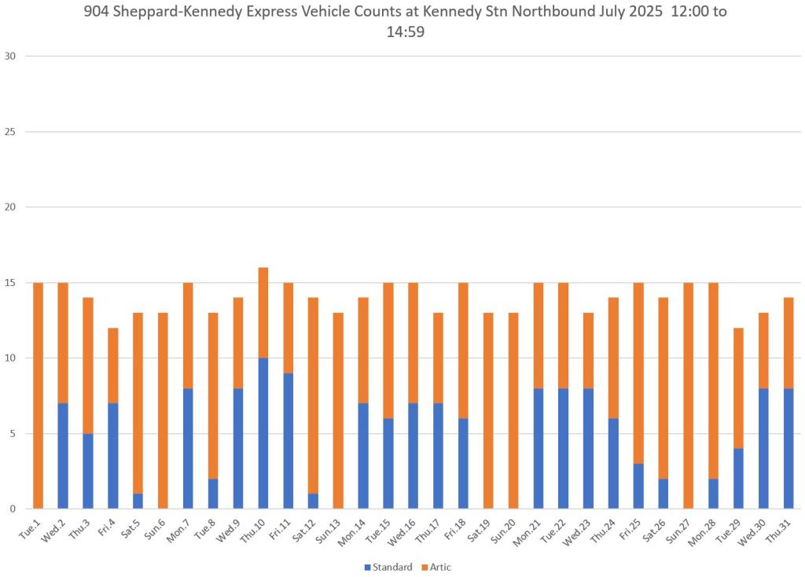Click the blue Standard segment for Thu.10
(263, 433)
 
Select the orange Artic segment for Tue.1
(38, 395)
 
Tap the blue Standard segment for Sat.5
(138, 501)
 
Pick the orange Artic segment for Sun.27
(689, 395)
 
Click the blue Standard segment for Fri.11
(289, 440)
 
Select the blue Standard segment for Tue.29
(738, 478)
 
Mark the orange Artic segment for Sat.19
(488, 410)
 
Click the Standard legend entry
(388, 567)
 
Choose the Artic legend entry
(436, 567)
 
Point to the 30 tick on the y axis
(10, 56)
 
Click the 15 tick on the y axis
(10, 283)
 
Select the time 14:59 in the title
(405, 32)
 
